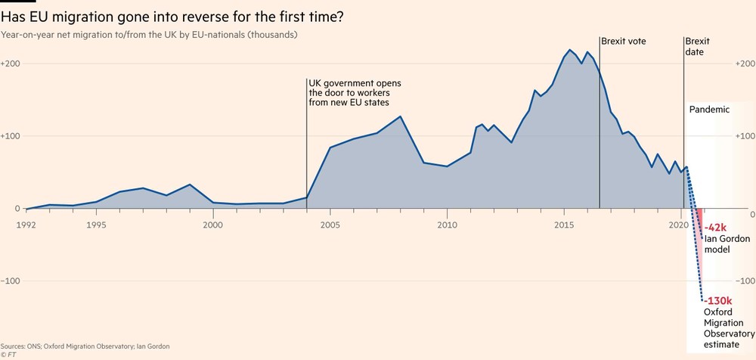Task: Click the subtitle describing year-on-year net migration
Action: pos(149,35)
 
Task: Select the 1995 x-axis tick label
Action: pos(96,225)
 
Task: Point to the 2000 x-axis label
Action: pos(213,225)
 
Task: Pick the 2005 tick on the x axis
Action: pos(330,225)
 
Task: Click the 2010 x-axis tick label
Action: pos(447,225)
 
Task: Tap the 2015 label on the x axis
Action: pos(563,225)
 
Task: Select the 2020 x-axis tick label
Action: pos(680,225)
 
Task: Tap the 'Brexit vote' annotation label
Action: pos(624,41)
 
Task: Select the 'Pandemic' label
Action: pos(709,110)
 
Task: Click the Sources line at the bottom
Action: pos(85,346)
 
